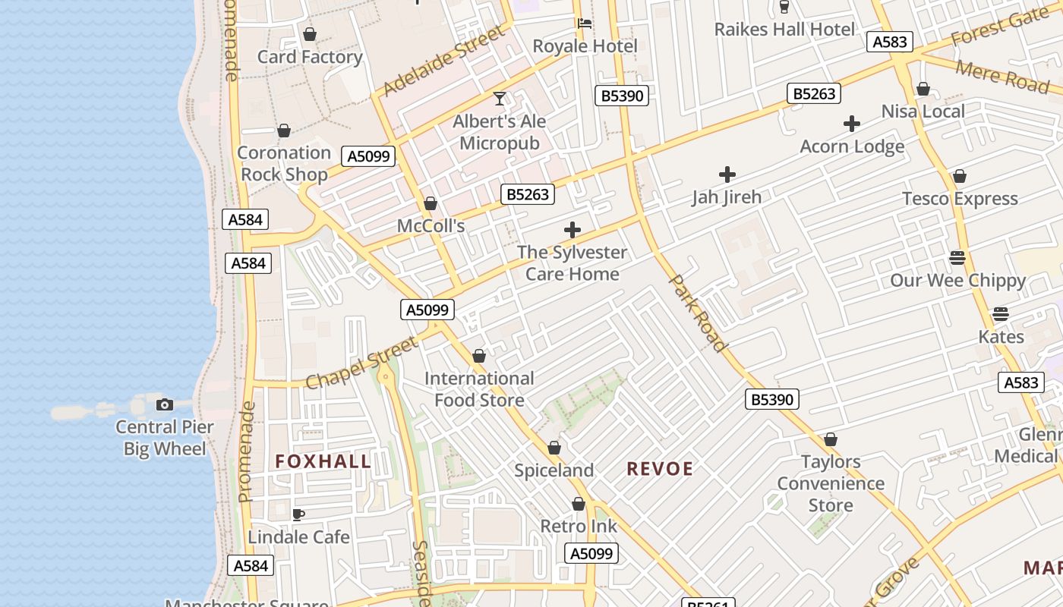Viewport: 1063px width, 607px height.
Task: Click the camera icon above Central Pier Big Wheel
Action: point(164,404)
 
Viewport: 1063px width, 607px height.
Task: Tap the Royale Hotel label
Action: point(585,46)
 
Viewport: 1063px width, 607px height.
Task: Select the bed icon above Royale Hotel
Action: point(585,24)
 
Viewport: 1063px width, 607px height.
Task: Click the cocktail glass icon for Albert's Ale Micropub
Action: point(500,99)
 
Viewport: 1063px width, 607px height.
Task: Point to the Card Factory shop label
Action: point(310,57)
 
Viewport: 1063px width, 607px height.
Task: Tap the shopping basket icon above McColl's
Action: point(431,203)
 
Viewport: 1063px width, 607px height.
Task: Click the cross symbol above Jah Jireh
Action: point(727,175)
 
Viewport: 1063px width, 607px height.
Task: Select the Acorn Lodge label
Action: point(852,146)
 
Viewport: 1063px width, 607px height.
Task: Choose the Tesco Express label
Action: point(960,199)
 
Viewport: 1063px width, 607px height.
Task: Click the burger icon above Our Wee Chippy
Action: point(957,257)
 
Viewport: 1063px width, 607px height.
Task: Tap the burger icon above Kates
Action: point(1001,314)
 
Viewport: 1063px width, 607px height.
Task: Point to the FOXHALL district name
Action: point(323,461)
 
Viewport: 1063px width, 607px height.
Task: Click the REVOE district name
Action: point(660,469)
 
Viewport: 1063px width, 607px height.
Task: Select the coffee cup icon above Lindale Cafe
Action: point(298,514)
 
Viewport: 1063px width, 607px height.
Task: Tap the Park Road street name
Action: point(698,313)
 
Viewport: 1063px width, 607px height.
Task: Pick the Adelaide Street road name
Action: point(444,61)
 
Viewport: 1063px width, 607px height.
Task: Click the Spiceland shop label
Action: point(554,470)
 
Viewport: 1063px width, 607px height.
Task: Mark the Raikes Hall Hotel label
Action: point(784,30)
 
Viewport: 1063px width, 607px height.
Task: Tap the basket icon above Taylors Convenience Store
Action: point(831,439)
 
